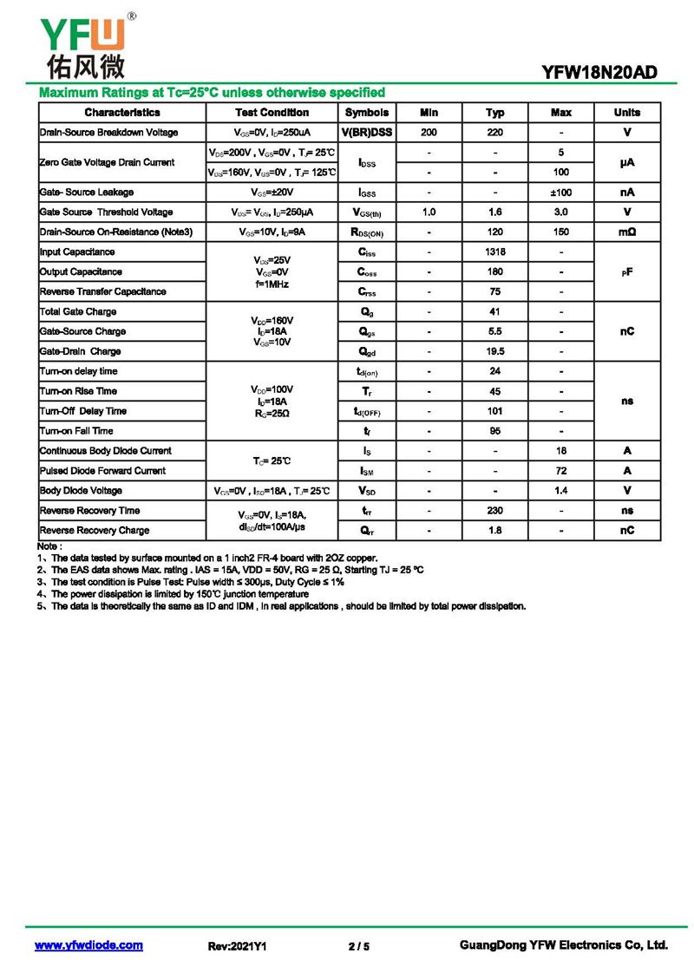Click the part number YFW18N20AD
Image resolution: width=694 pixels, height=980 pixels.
point(599,74)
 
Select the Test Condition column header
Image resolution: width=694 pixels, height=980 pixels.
point(272,113)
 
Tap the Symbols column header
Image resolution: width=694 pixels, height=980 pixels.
point(367,113)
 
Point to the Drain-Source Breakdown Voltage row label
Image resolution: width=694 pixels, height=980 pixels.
point(109,133)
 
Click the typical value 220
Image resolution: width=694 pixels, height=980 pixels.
point(495,133)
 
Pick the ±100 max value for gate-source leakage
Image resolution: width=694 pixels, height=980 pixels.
point(561,193)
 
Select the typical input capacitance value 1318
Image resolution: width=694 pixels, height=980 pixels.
point(495,252)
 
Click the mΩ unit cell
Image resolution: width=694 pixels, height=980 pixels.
point(627,232)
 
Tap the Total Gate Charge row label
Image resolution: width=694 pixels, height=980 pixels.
point(78,312)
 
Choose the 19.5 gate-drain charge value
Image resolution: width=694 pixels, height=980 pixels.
point(495,352)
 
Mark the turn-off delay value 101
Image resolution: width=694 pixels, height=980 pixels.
point(495,411)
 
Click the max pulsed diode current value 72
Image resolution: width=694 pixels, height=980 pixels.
point(561,471)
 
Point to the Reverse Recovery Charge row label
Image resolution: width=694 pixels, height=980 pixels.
point(95,531)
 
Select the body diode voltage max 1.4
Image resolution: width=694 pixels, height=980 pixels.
point(561,491)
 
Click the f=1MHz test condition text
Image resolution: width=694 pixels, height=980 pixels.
point(272,284)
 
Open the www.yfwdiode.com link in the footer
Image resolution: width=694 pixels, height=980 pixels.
point(88,945)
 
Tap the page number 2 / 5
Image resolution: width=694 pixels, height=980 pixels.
point(359,946)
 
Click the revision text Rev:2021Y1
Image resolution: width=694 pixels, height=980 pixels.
point(237,946)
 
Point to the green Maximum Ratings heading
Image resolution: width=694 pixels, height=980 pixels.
point(213,93)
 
